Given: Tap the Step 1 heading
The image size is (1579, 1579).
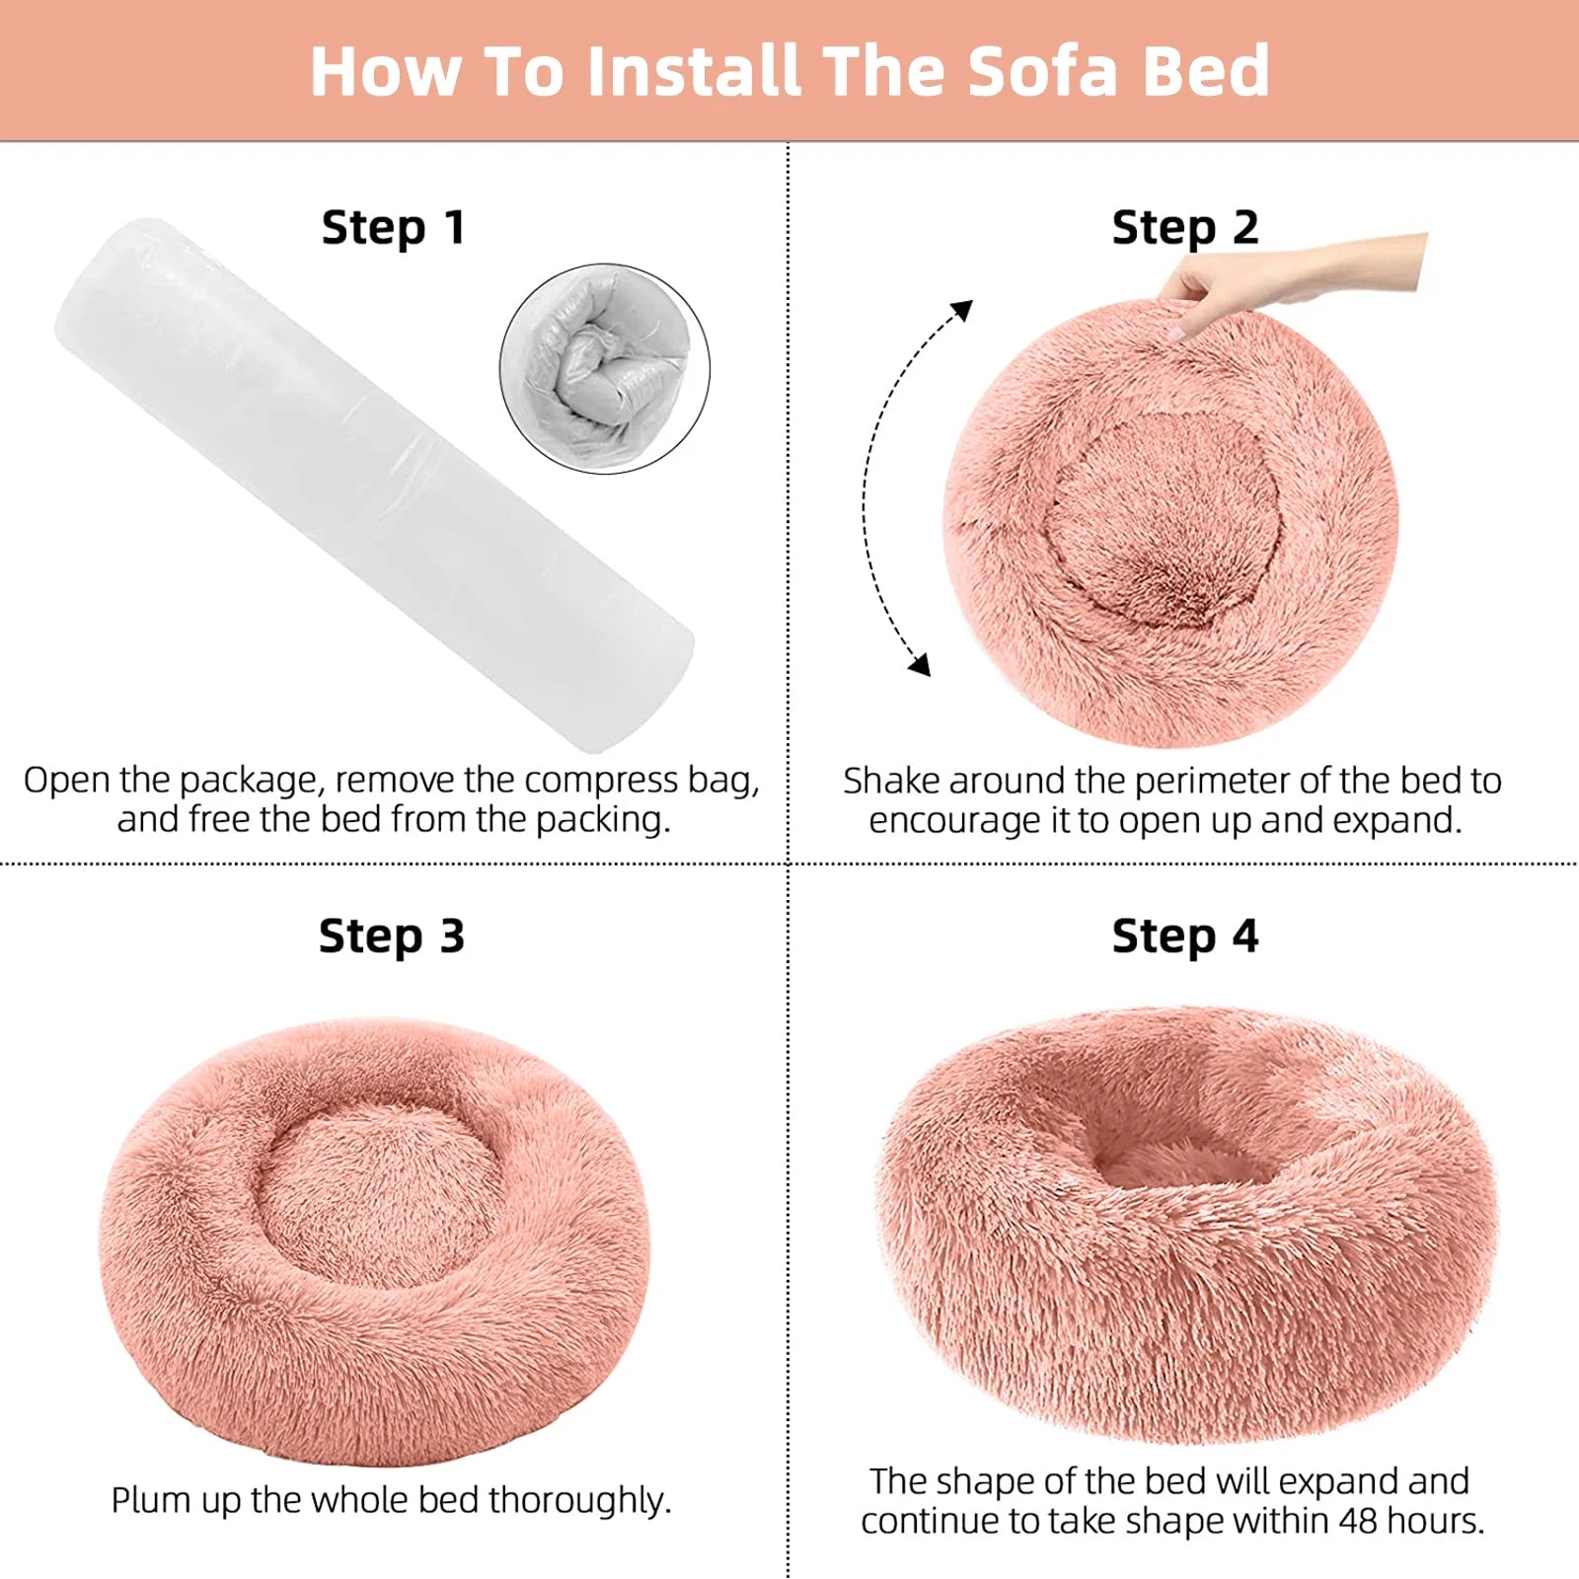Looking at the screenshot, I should point(393,228).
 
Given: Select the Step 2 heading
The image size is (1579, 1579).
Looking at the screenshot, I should point(1184,228).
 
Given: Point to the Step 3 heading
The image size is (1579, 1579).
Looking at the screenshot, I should point(391,937).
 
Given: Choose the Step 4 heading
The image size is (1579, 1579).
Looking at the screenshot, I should point(1184,937).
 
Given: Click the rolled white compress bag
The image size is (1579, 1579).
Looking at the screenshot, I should point(375,484).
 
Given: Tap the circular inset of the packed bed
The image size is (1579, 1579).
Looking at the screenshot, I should point(604,368).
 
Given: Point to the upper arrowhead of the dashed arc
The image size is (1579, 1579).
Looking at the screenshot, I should point(961,311).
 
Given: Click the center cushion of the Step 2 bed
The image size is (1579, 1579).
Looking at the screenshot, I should point(1165,518).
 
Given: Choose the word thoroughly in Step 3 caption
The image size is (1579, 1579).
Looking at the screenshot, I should point(579,1500).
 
